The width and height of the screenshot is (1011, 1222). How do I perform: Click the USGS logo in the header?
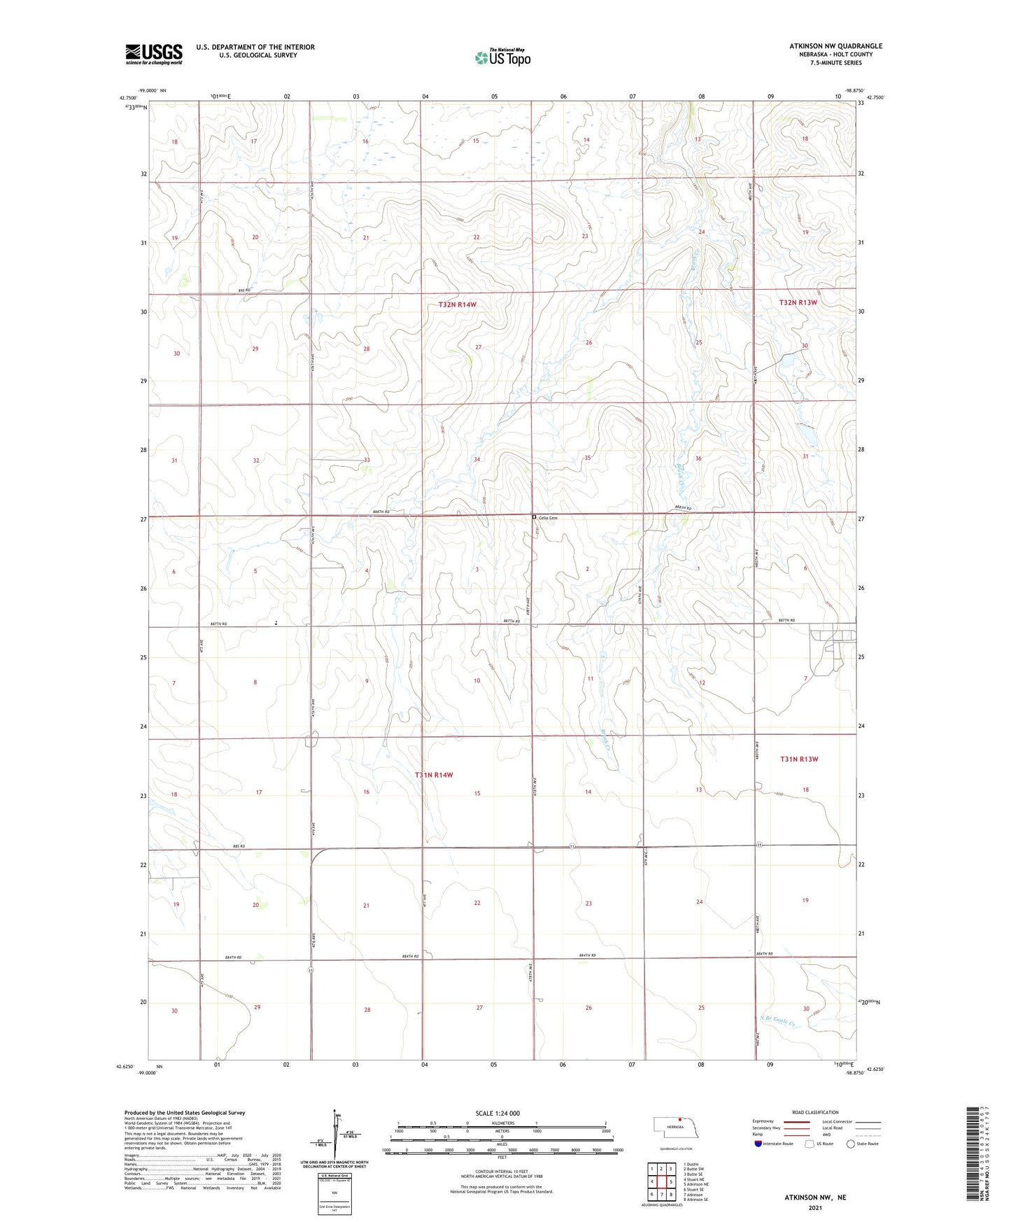pos(154,54)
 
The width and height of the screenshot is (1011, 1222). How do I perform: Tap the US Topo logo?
pos(502,57)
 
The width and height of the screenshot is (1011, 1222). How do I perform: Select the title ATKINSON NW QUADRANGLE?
pos(835,46)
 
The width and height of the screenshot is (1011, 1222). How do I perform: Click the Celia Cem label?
pos(548,518)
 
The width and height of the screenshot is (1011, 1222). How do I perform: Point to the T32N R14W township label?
pos(457,304)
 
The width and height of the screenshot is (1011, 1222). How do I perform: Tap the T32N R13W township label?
pos(798,302)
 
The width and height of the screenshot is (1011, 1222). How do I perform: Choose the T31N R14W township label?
pos(434,775)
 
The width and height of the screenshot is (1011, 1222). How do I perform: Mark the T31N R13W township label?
pos(799,759)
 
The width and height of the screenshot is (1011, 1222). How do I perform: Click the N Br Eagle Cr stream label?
pos(778,1023)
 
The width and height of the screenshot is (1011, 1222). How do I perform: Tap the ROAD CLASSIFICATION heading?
pos(815,1112)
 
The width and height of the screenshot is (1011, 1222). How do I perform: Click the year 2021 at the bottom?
pos(815,1207)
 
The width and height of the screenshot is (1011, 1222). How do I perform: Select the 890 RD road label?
pos(244,290)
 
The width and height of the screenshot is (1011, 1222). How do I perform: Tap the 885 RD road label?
pos(239,847)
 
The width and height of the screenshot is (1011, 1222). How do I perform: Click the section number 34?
pos(477,459)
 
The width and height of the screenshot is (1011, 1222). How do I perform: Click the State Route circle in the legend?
pos(851,1144)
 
